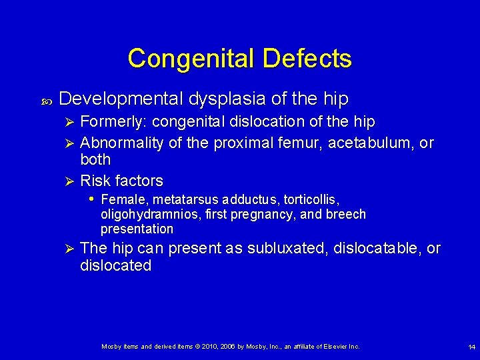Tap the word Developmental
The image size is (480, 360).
(121, 99)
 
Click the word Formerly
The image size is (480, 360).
(113, 122)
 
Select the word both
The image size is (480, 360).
(95, 160)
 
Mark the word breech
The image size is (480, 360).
(346, 214)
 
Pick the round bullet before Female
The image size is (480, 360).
(91, 199)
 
